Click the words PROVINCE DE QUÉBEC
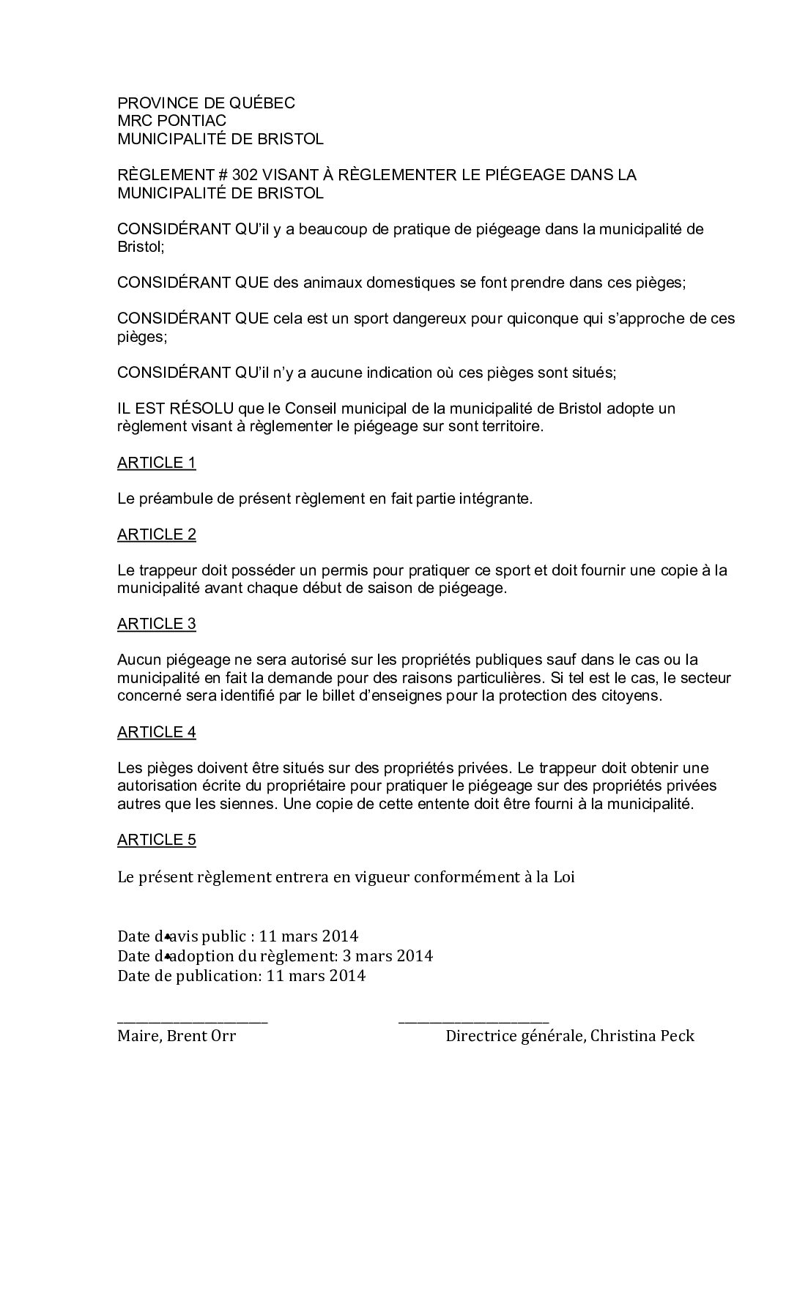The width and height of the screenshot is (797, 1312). (206, 103)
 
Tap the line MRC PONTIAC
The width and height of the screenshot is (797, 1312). (171, 121)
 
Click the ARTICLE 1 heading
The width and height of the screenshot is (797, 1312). (157, 463)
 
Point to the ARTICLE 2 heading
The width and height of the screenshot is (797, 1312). (157, 534)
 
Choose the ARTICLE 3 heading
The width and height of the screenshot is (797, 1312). (157, 624)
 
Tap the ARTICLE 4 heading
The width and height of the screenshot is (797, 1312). (157, 732)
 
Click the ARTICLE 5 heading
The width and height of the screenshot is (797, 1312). (157, 840)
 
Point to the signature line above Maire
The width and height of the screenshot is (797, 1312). (193, 1020)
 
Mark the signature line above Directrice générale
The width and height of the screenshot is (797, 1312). (473, 1020)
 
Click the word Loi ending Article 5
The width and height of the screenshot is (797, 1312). (564, 877)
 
